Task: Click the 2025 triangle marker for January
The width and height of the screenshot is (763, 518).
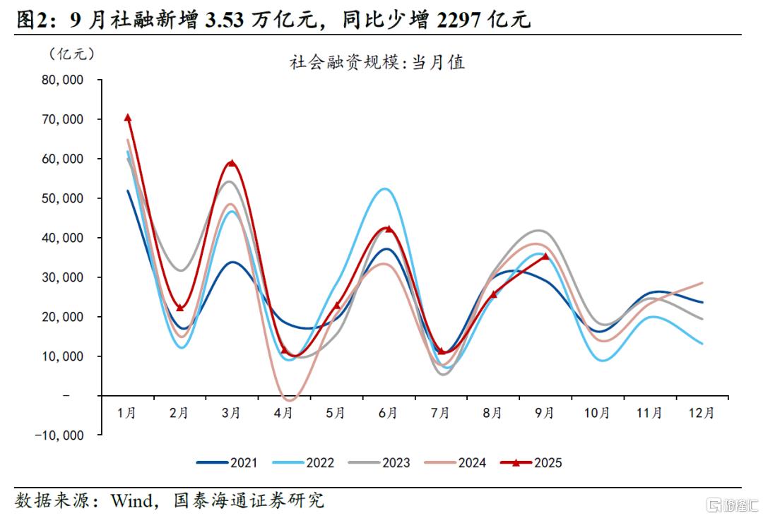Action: [x=128, y=118]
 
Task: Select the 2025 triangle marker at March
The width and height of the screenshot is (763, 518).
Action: [x=232, y=164]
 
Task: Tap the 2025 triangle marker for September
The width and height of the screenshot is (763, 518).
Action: [x=545, y=257]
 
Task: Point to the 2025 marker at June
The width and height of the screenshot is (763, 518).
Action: [x=389, y=229]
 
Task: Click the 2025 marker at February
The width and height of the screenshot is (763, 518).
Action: [x=179, y=308]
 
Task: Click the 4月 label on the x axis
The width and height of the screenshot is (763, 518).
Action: [x=284, y=413]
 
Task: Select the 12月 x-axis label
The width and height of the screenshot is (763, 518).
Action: [x=701, y=413]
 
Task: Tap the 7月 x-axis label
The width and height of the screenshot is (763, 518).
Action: [x=441, y=413]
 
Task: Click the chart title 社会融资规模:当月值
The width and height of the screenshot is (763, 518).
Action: [x=377, y=63]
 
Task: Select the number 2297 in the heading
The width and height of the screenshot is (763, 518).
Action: [x=460, y=20]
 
